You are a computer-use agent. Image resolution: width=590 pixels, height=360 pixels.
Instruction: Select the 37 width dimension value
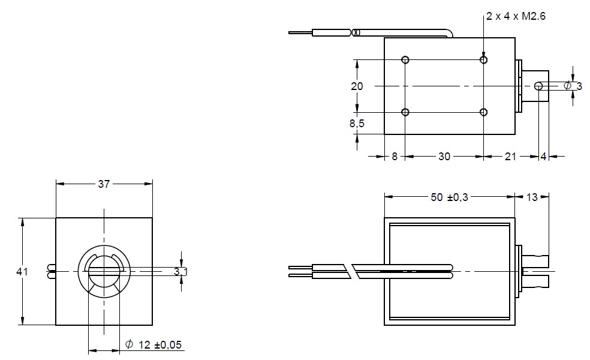(x=104, y=184)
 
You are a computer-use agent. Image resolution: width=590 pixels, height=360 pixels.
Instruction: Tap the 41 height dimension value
(x=22, y=272)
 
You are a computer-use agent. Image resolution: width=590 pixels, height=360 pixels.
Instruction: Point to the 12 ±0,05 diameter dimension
(x=153, y=344)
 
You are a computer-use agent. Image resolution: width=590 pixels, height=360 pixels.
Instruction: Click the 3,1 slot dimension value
(x=180, y=272)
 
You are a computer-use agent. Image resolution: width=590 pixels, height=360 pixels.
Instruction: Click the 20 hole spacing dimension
(x=357, y=86)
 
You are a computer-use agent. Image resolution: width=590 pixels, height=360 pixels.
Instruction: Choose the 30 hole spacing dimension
(x=444, y=157)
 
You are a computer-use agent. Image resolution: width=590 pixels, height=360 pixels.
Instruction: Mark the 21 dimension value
(x=510, y=157)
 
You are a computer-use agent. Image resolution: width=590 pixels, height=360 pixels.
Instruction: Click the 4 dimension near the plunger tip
(x=543, y=157)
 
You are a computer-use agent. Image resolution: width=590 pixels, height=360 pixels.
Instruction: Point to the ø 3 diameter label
(x=573, y=86)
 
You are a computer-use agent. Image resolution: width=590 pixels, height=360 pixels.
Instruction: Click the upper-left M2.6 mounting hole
(x=406, y=59)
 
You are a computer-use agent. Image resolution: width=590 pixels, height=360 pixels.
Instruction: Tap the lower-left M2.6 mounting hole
(x=406, y=112)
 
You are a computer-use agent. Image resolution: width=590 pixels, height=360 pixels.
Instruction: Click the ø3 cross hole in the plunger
(x=538, y=86)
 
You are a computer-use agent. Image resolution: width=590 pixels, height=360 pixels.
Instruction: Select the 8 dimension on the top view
(x=395, y=157)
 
